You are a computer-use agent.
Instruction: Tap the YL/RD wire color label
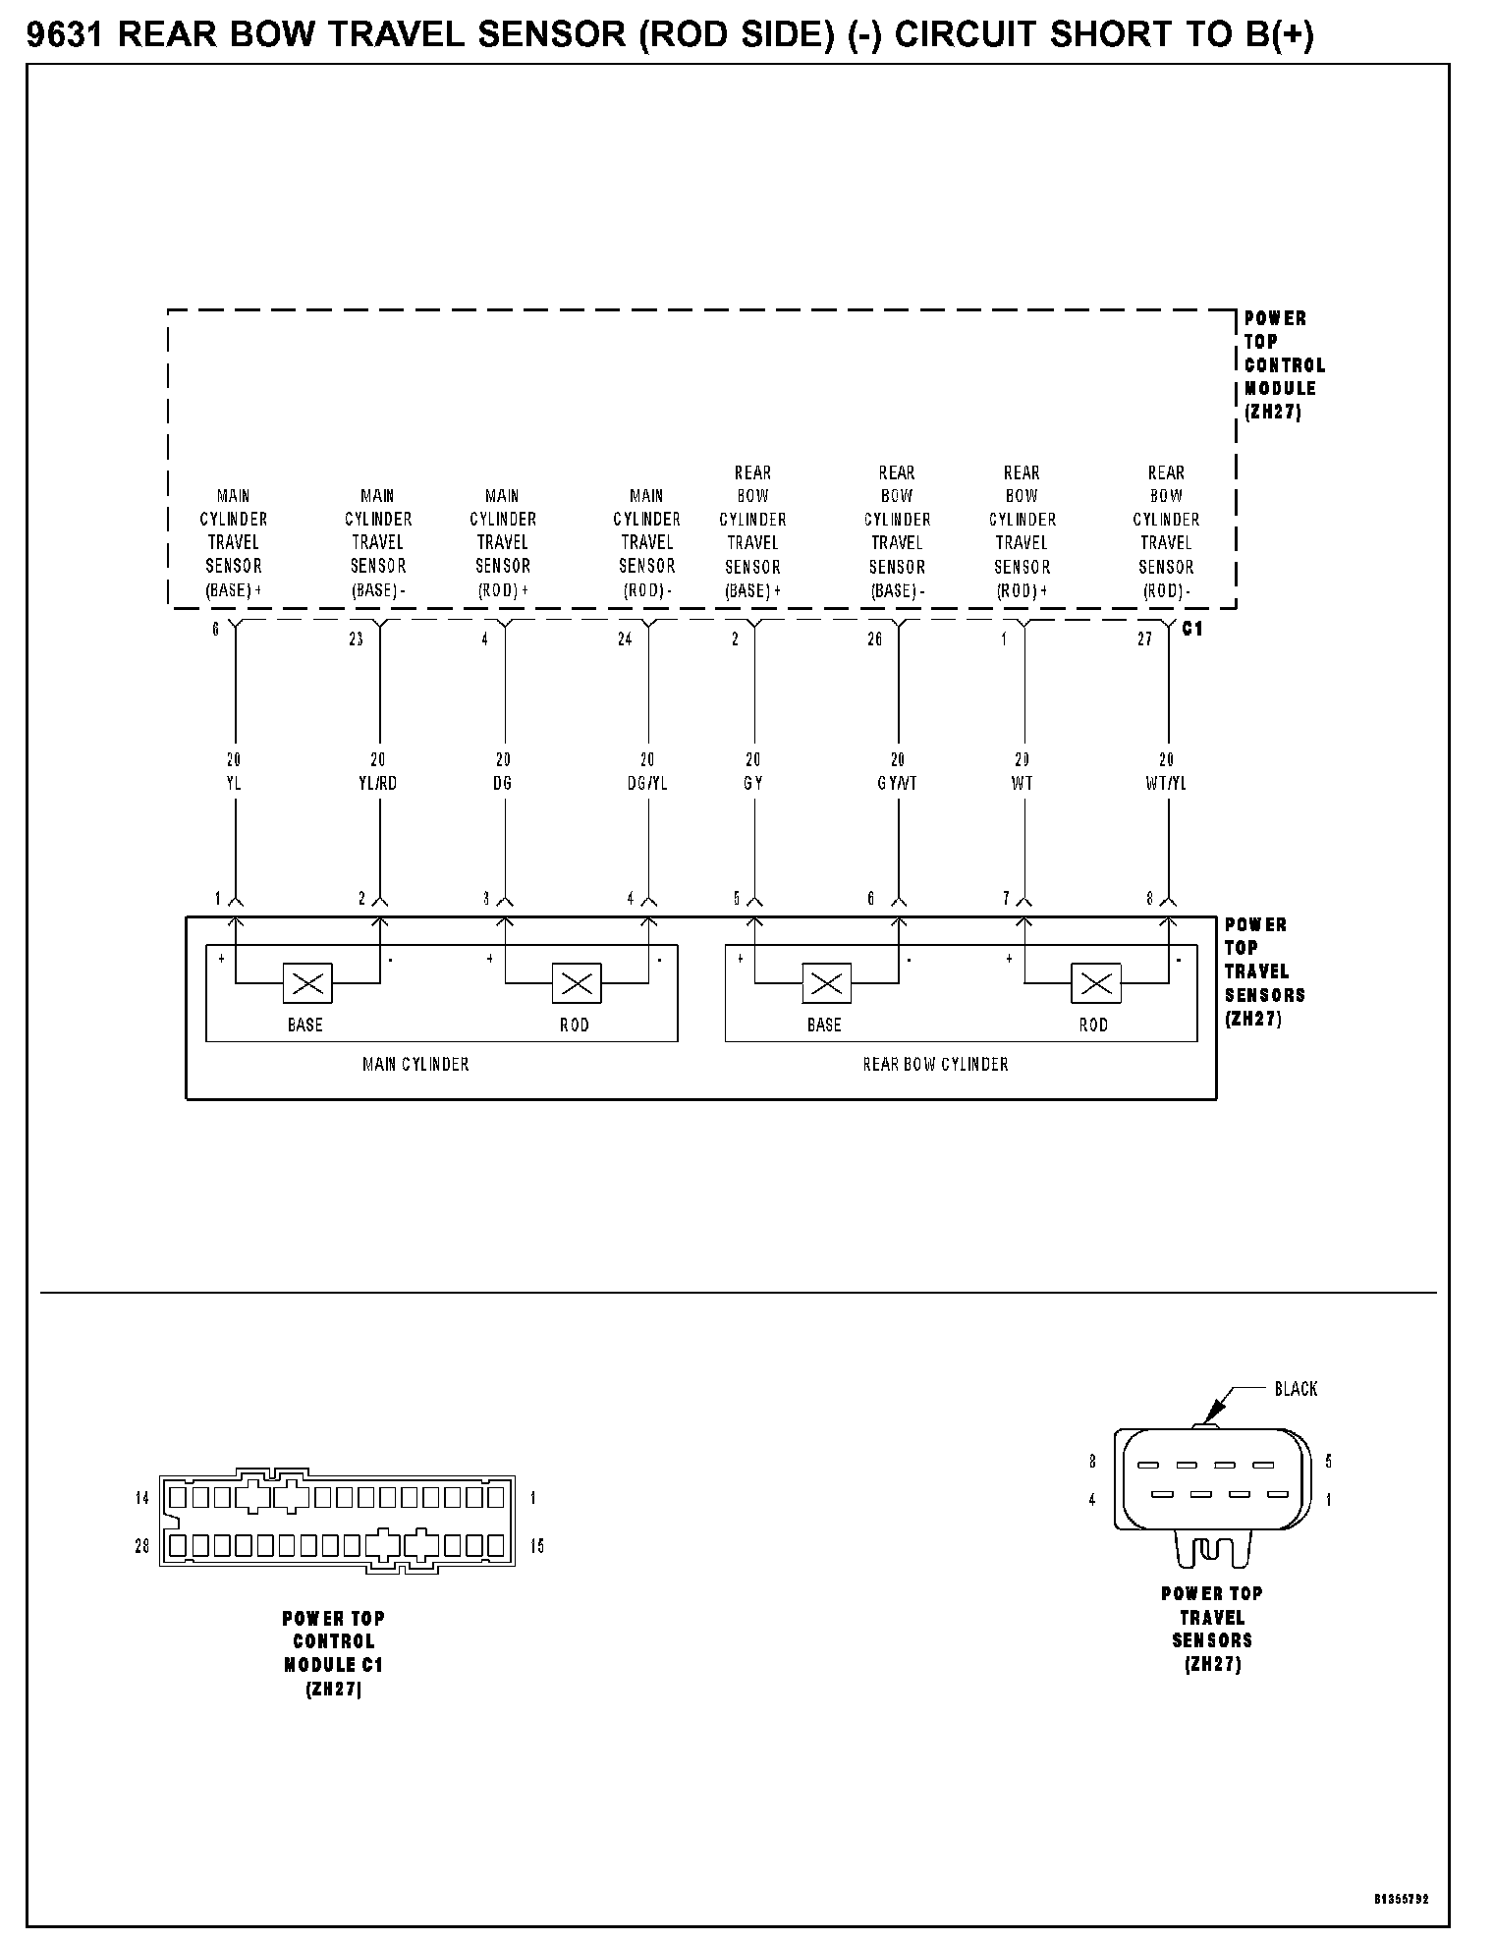tap(378, 784)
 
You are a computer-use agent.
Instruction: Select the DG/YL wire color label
tap(647, 784)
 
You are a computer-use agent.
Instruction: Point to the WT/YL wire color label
tap(1166, 784)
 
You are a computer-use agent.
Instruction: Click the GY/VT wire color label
tap(897, 784)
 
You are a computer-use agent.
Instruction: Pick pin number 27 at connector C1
tap(1144, 639)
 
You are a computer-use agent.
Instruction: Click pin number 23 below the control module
tap(356, 639)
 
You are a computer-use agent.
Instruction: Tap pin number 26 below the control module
tap(874, 639)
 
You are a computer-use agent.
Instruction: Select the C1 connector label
tap(1192, 629)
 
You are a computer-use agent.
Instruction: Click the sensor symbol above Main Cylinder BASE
tap(307, 982)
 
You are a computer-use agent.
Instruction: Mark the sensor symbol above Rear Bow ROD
tap(1096, 982)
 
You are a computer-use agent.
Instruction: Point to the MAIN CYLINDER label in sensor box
tap(415, 1064)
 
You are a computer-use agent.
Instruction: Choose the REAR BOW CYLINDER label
tap(935, 1064)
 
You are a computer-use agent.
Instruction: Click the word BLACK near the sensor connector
tap(1296, 1389)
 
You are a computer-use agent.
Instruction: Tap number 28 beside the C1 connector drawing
tap(142, 1546)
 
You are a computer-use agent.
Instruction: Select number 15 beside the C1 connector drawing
tap(536, 1546)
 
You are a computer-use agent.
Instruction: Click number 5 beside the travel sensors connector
tap(1329, 1462)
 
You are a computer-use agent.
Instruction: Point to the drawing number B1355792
tap(1402, 1899)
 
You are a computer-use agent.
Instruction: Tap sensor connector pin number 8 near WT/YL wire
tap(1150, 899)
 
